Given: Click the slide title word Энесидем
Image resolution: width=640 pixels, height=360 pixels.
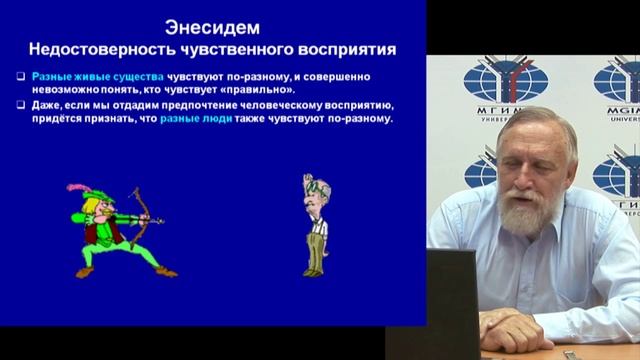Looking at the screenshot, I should click(x=213, y=27).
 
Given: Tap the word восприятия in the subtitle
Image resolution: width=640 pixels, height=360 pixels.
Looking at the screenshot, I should click(x=344, y=47).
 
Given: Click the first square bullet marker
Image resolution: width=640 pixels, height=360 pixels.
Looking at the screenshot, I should click(x=21, y=77).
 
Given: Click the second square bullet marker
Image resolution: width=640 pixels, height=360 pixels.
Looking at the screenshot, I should click(x=21, y=104).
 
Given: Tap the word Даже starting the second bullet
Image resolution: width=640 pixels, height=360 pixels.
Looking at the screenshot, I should click(x=45, y=104).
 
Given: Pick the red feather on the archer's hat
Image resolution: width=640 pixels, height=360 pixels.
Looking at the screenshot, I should click(x=75, y=187).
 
